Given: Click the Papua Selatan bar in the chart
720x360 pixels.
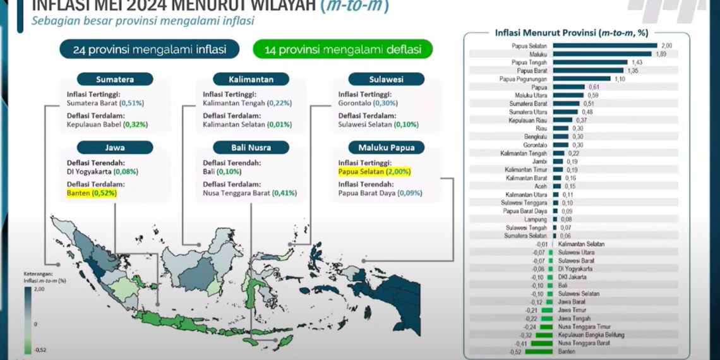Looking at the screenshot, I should tap(604, 45).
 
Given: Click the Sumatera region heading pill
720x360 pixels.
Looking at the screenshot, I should tap(115, 79).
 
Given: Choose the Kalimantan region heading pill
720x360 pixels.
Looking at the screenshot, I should tap(251, 79).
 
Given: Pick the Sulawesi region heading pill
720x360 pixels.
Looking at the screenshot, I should tap(386, 79).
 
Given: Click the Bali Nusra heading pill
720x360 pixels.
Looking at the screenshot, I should tap(251, 148).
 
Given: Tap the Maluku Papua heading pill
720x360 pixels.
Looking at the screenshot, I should tap(386, 148).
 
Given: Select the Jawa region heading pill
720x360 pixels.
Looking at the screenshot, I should tap(115, 148).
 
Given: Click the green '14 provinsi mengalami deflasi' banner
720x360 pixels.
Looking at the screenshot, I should tap(342, 49).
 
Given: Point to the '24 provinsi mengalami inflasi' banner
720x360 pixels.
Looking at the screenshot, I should tap(150, 49).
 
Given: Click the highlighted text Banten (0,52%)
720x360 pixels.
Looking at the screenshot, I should tap(92, 193).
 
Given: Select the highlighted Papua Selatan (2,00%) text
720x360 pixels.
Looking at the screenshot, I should tap(375, 171).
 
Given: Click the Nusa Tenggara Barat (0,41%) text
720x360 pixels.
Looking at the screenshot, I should tap(249, 193).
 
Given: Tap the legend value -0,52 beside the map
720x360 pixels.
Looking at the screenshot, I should tap(40, 350).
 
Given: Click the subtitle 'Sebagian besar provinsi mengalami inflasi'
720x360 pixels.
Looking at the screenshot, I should tap(143, 21).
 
